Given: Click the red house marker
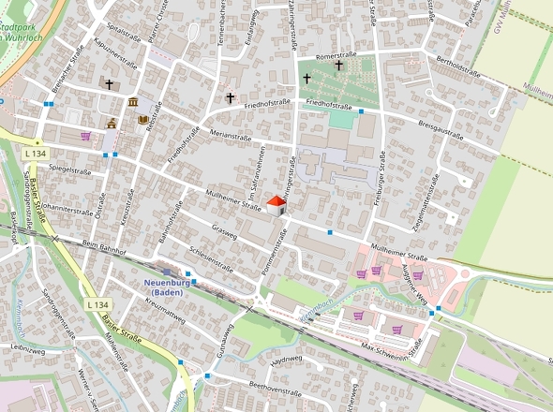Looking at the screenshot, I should pyautogui.click(x=276, y=205).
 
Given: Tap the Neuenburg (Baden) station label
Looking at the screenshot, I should pyautogui.click(x=169, y=287).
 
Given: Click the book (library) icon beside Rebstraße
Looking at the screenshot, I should pyautogui.click(x=143, y=120).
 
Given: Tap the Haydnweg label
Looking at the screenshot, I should pyautogui.click(x=288, y=360).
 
